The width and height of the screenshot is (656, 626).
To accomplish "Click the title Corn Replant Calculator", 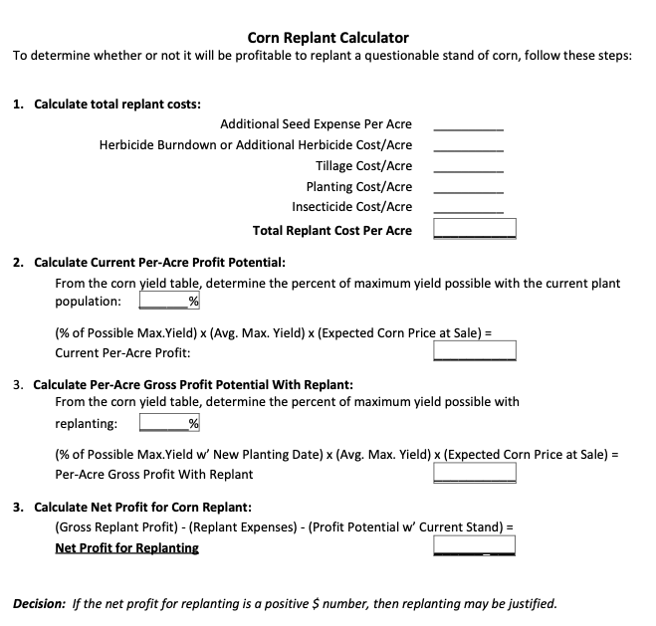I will coord(328,38).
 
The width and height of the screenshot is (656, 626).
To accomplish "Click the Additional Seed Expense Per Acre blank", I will coord(468,126).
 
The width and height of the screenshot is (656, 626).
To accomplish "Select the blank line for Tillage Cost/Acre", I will coord(468,167).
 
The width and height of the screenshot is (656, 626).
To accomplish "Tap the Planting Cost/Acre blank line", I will coord(468,188).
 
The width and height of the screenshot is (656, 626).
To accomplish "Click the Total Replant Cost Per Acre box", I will coord(474,229).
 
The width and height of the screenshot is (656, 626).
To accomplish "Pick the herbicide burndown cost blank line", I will coord(468,147).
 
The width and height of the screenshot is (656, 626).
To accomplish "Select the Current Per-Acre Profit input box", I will coord(474,350).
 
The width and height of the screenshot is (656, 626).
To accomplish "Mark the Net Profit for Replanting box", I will coord(474,545).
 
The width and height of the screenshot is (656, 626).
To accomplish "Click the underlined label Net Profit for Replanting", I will coord(126,547).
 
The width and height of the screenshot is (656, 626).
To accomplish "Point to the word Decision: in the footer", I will coord(39,603).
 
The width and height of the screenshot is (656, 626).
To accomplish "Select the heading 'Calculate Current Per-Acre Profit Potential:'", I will coord(159,263).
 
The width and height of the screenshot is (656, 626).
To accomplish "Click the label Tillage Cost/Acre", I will coord(363,166).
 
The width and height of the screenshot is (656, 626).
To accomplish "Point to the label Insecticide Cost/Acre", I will coord(351,207).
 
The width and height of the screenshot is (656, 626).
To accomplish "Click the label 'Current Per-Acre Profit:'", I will coord(122,352).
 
